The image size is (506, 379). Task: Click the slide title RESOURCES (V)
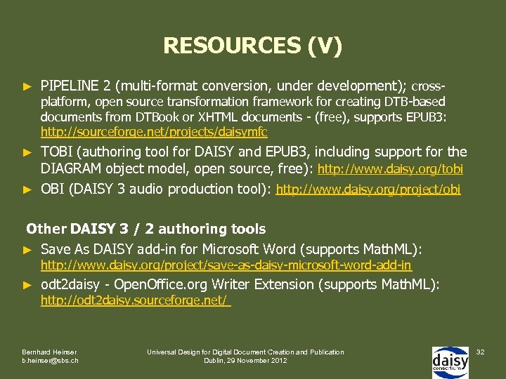[x=253, y=46]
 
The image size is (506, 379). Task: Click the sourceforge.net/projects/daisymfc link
[x=154, y=132]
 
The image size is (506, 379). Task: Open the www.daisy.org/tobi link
[x=391, y=169]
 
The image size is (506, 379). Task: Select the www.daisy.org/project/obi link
[x=368, y=189]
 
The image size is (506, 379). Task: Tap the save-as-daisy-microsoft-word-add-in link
[x=226, y=266]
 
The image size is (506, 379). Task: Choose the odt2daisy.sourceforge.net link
[x=135, y=300]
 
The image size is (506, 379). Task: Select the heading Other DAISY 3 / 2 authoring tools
[x=146, y=229]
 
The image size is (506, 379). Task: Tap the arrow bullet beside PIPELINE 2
[x=28, y=87]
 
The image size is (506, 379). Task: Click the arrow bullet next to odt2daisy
[x=28, y=285]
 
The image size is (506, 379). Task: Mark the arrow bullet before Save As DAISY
[x=28, y=250]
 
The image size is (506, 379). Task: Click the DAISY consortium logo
[x=450, y=358]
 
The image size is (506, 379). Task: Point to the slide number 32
[x=481, y=351]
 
